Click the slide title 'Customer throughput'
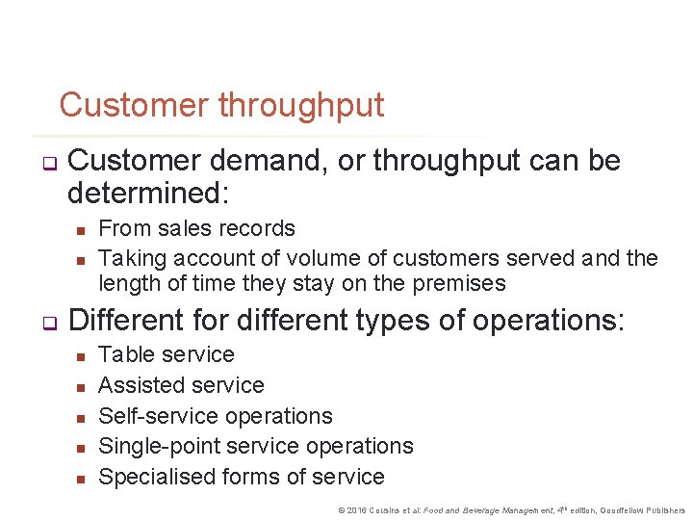(x=221, y=105)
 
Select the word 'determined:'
(x=148, y=194)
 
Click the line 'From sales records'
(x=196, y=228)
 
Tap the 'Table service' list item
(x=166, y=354)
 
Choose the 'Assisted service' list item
(x=181, y=385)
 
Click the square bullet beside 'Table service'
(x=82, y=355)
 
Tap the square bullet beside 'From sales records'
(x=82, y=229)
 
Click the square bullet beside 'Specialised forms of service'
(x=82, y=478)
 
